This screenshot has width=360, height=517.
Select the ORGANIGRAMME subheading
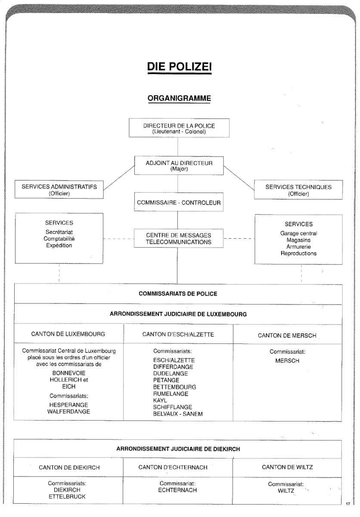click(x=179, y=98)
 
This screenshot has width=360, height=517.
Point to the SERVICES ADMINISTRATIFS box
click(x=59, y=190)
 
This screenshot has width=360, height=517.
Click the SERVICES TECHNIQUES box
click(x=298, y=190)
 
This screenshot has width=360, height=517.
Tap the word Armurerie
click(x=298, y=247)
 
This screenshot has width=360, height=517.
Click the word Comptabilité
click(x=59, y=239)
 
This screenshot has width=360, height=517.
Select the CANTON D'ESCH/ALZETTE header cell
click(x=178, y=334)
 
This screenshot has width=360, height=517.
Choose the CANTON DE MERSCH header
click(x=287, y=335)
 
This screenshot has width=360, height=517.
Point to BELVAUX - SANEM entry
click(x=178, y=414)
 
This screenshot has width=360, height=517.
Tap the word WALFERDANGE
click(x=68, y=411)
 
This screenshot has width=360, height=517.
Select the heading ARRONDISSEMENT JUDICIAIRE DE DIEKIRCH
click(x=178, y=448)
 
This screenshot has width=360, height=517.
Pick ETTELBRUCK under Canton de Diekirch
click(x=67, y=496)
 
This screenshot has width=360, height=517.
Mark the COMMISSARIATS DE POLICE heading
click(x=178, y=294)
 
